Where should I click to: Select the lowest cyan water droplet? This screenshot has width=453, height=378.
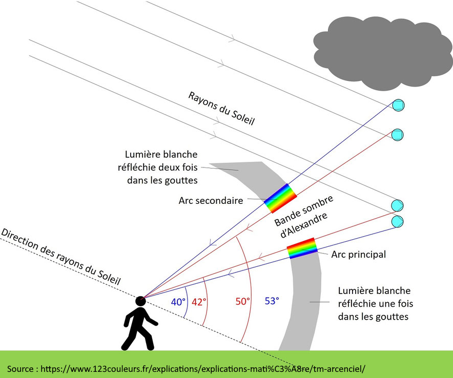(x=398, y=222)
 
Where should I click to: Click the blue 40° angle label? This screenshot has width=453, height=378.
(x=178, y=302)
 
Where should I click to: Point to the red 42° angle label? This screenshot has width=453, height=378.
(x=198, y=302)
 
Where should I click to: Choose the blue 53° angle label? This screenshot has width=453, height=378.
(x=272, y=301)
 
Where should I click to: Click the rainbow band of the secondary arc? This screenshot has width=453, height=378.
(x=280, y=198)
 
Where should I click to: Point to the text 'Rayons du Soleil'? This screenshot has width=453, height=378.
(x=221, y=109)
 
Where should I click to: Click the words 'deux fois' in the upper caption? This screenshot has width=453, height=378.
(x=180, y=167)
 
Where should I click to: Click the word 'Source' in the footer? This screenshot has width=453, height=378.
(x=20, y=368)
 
